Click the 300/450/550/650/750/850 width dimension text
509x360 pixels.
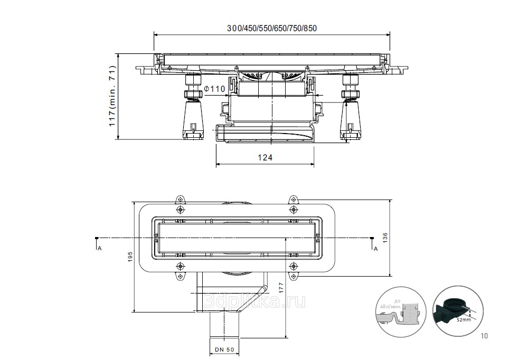(x=272, y=28)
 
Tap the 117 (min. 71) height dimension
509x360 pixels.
(x=112, y=96)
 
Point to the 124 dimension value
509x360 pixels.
(x=266, y=157)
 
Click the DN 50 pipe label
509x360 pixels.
(x=224, y=350)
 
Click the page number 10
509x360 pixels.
(x=485, y=335)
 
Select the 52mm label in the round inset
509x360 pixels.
(x=463, y=320)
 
